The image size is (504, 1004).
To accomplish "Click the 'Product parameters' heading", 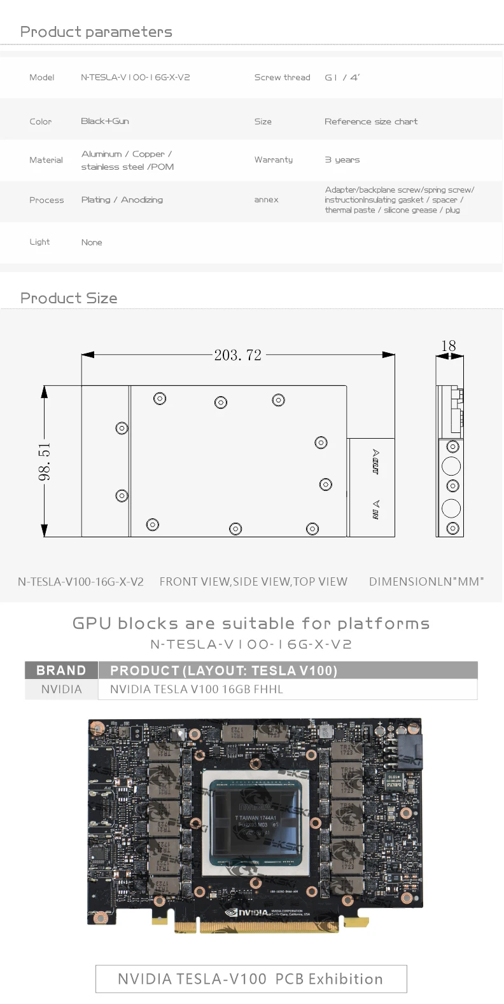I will [x=96, y=32].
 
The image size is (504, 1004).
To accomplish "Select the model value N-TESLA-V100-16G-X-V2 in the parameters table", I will [x=135, y=78].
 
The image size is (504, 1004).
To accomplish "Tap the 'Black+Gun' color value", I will [x=105, y=121].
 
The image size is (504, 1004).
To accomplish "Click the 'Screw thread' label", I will [x=282, y=78].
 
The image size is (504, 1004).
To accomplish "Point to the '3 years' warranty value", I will [x=342, y=160].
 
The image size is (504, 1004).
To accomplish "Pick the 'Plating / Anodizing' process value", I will [x=122, y=200].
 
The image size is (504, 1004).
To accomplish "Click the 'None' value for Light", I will [x=92, y=242].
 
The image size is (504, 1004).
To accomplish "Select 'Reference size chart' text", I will [x=371, y=121].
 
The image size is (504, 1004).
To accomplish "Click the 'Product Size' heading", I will [x=69, y=298].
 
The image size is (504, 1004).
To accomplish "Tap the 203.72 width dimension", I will [x=237, y=355].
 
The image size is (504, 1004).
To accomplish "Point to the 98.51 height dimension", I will [x=44, y=462].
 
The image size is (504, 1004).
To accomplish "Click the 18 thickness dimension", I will [x=449, y=345].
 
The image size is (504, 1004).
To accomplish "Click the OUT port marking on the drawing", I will [x=375, y=462].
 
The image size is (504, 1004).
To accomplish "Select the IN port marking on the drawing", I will [x=375, y=509].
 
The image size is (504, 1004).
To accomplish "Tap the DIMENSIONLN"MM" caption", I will [x=426, y=581].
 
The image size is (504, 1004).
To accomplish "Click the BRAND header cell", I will [x=61, y=670].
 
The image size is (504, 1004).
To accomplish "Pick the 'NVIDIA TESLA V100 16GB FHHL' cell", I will [x=197, y=689].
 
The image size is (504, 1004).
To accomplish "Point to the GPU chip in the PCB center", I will [x=256, y=821].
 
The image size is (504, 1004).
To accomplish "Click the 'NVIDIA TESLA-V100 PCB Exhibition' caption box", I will [x=251, y=979].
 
